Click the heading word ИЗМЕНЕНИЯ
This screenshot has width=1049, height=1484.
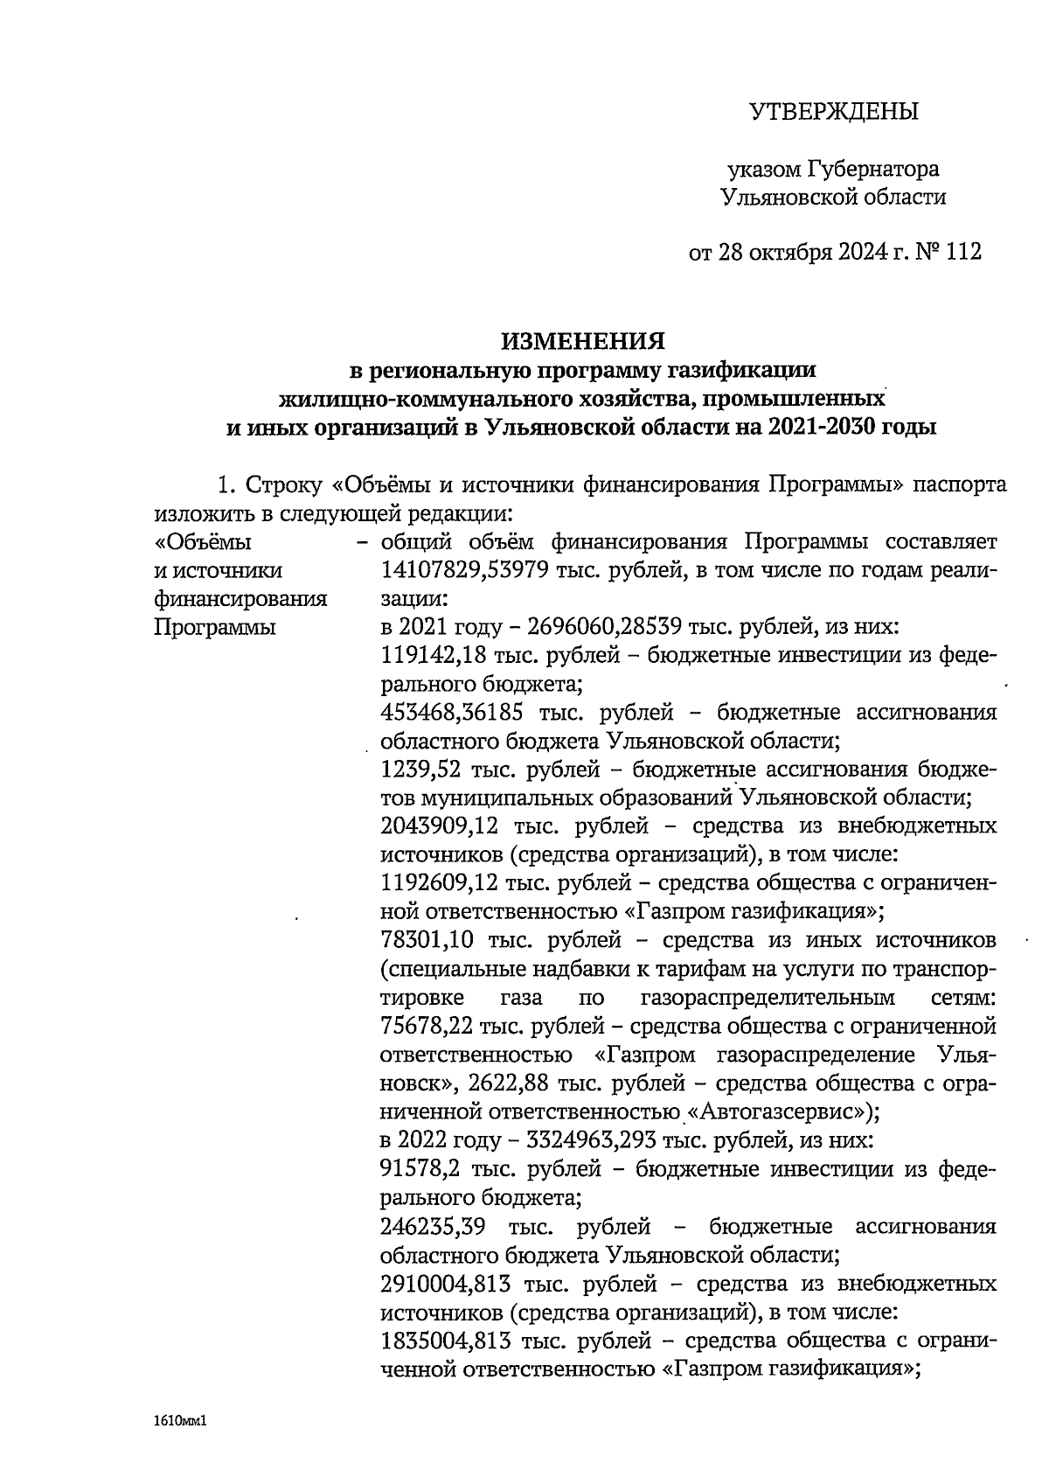[x=582, y=340]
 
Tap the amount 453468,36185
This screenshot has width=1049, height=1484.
[x=455, y=713]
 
